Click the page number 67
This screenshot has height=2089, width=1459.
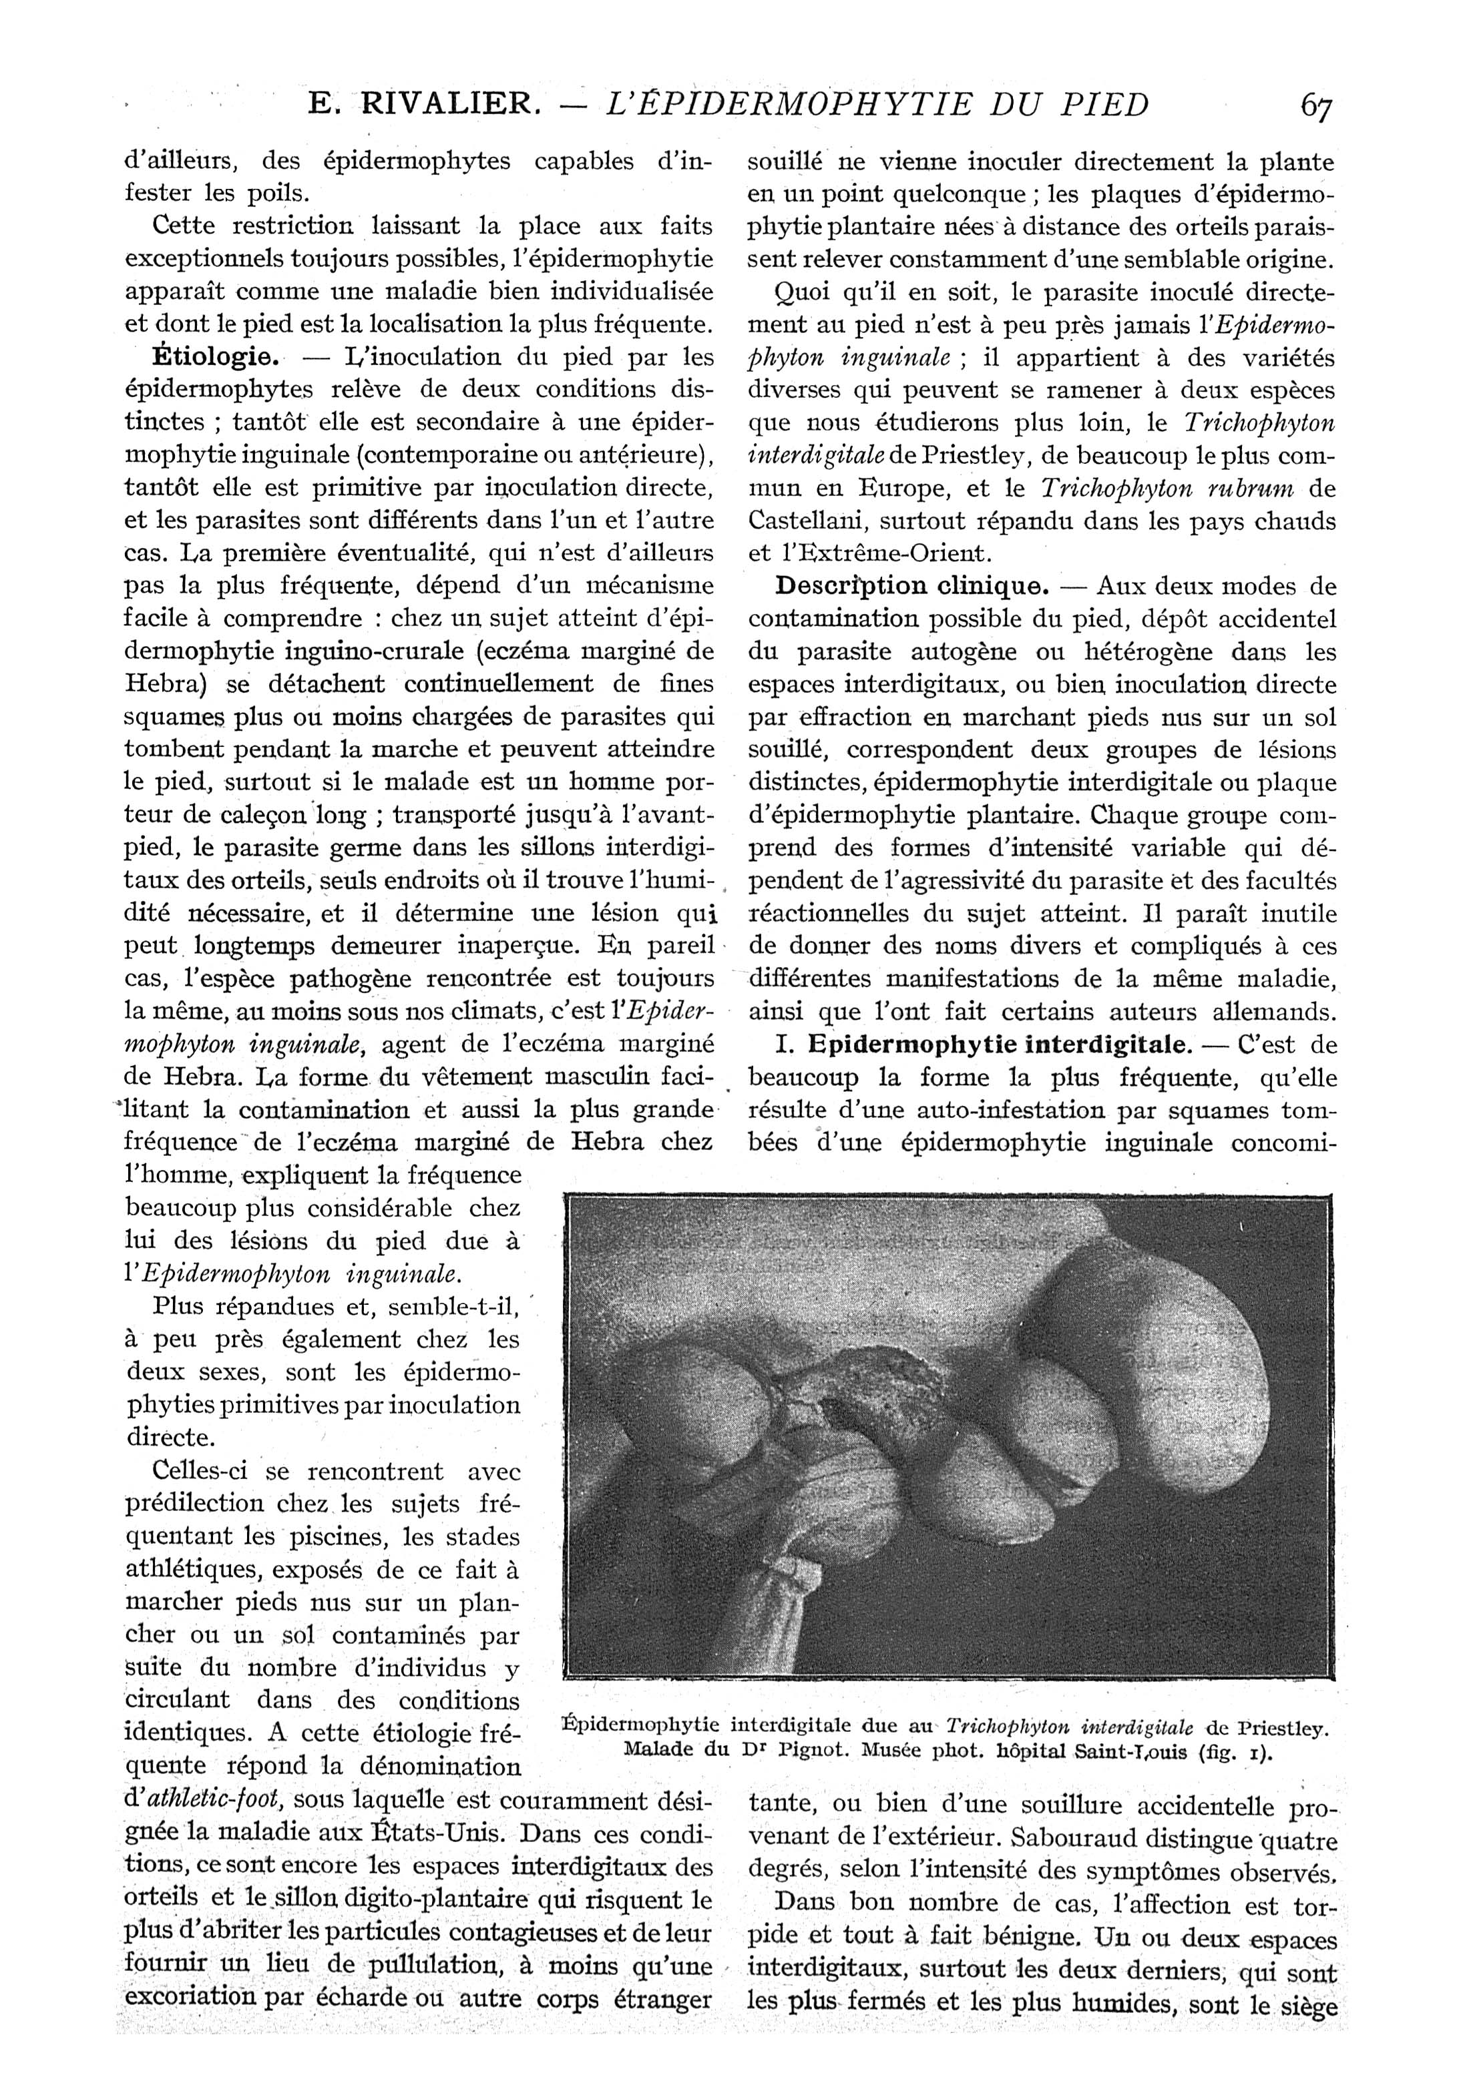1316,106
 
